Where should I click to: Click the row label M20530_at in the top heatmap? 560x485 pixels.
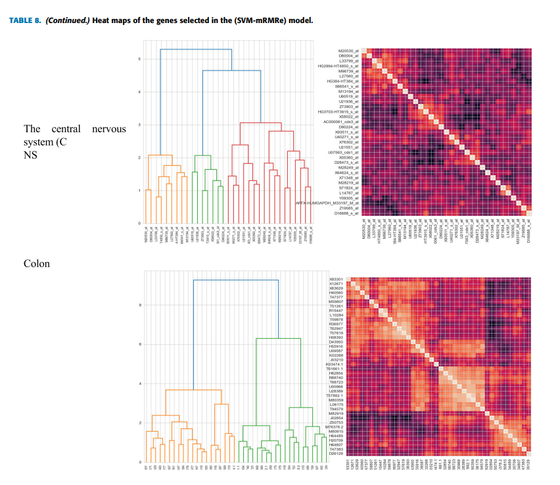(348, 51)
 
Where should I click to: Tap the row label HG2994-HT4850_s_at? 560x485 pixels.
(338, 66)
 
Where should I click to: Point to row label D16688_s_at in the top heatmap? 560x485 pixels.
(347, 214)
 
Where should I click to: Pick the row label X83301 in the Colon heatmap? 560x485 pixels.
(336, 280)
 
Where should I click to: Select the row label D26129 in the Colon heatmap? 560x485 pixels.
(336, 453)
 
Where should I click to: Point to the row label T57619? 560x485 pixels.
(337, 333)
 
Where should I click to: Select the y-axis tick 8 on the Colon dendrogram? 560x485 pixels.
(139, 305)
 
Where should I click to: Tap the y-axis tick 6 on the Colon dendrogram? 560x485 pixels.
(139, 344)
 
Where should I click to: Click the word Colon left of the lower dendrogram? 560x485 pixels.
(37, 264)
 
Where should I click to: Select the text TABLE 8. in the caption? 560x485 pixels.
(24, 20)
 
